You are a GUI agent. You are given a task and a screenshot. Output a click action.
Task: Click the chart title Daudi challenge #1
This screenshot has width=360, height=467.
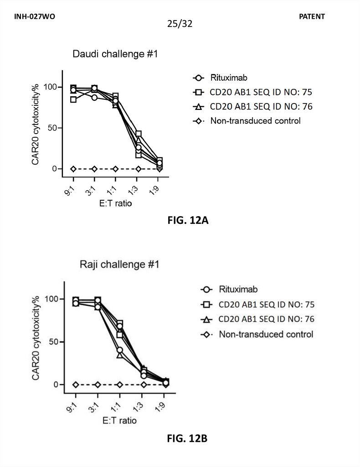point(115,55)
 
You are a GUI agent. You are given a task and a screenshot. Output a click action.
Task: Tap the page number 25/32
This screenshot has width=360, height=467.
point(180,24)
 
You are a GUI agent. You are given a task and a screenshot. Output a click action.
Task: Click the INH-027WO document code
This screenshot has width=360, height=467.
point(34,16)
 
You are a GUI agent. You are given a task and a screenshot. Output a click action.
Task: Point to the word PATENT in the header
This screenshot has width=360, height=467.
point(312,16)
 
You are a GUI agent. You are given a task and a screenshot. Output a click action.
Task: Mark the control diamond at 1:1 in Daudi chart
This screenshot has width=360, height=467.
point(115,169)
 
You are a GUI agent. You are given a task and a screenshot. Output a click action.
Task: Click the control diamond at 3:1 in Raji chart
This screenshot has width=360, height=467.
point(98,384)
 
